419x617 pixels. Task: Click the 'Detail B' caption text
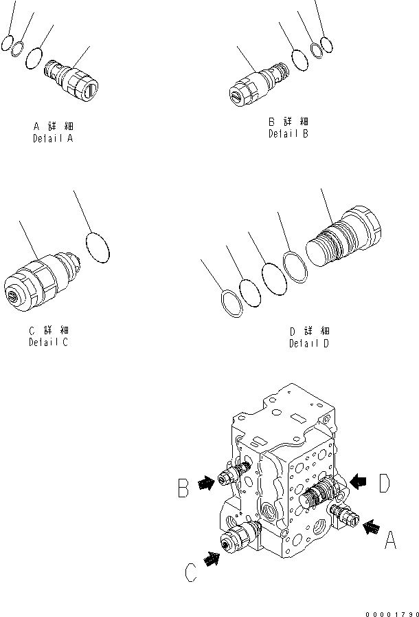click(288, 133)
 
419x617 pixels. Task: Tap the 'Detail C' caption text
click(48, 342)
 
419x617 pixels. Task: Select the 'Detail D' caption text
click(308, 343)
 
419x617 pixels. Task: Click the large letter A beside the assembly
click(390, 541)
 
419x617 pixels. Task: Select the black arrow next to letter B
click(205, 484)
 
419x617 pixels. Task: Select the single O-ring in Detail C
click(98, 247)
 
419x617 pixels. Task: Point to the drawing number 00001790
click(393, 611)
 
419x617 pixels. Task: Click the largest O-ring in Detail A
click(34, 58)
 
